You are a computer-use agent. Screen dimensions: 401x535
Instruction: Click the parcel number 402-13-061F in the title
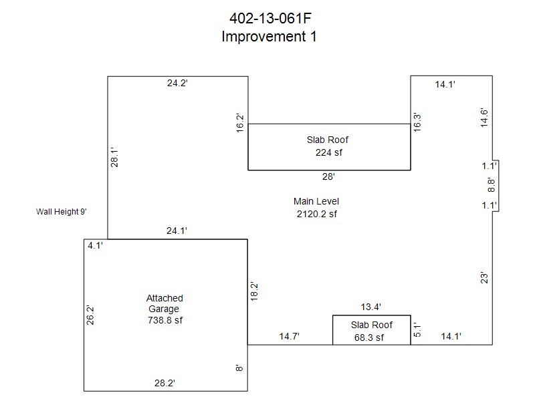268,18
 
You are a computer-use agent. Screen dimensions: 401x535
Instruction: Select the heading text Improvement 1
268,37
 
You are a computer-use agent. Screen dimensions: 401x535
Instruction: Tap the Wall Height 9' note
61,212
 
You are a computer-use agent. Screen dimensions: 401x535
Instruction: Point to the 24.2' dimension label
177,84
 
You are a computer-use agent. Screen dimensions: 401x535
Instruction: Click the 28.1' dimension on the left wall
115,158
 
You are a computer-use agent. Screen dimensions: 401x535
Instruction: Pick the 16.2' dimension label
240,123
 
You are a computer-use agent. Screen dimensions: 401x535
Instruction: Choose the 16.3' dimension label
417,122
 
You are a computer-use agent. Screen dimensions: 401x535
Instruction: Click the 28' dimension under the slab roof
328,177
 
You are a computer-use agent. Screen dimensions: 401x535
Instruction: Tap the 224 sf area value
328,152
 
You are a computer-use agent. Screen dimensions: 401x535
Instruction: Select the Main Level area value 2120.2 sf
316,214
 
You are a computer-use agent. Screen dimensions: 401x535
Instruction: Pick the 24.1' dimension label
177,231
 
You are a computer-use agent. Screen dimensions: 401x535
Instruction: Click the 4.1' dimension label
95,245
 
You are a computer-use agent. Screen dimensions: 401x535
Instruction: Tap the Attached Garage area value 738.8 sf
165,320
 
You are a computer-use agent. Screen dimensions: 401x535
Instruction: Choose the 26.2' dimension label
90,315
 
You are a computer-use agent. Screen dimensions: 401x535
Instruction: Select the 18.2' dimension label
253,291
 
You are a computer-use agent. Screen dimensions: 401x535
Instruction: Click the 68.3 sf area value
369,338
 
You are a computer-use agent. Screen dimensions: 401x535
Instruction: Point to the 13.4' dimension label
371,307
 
